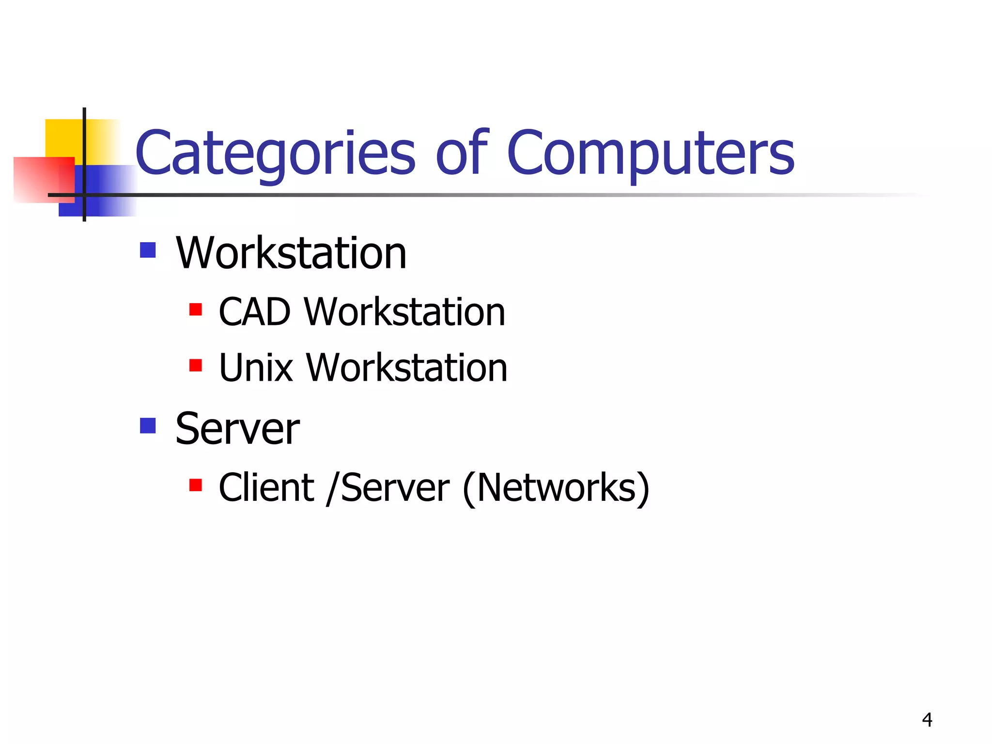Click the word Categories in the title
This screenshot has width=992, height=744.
[x=275, y=154]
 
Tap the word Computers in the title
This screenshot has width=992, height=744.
[x=650, y=154]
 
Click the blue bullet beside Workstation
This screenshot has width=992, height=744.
[x=148, y=250]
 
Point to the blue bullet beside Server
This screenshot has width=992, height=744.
[x=148, y=426]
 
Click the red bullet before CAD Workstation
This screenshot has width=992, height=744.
[x=196, y=309]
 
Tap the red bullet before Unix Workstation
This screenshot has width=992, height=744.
[x=196, y=365]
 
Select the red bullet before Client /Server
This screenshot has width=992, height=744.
[x=196, y=485]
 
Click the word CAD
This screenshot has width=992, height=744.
[x=255, y=312]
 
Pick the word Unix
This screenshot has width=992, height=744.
[x=256, y=368]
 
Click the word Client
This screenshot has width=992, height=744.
[x=266, y=488]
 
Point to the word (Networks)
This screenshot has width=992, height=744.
[x=556, y=489]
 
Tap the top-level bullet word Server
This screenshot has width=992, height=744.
[x=237, y=429]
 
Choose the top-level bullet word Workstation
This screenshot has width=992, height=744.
[x=291, y=253]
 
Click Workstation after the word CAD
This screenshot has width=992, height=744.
[x=404, y=312]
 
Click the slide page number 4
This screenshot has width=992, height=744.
[x=927, y=720]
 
